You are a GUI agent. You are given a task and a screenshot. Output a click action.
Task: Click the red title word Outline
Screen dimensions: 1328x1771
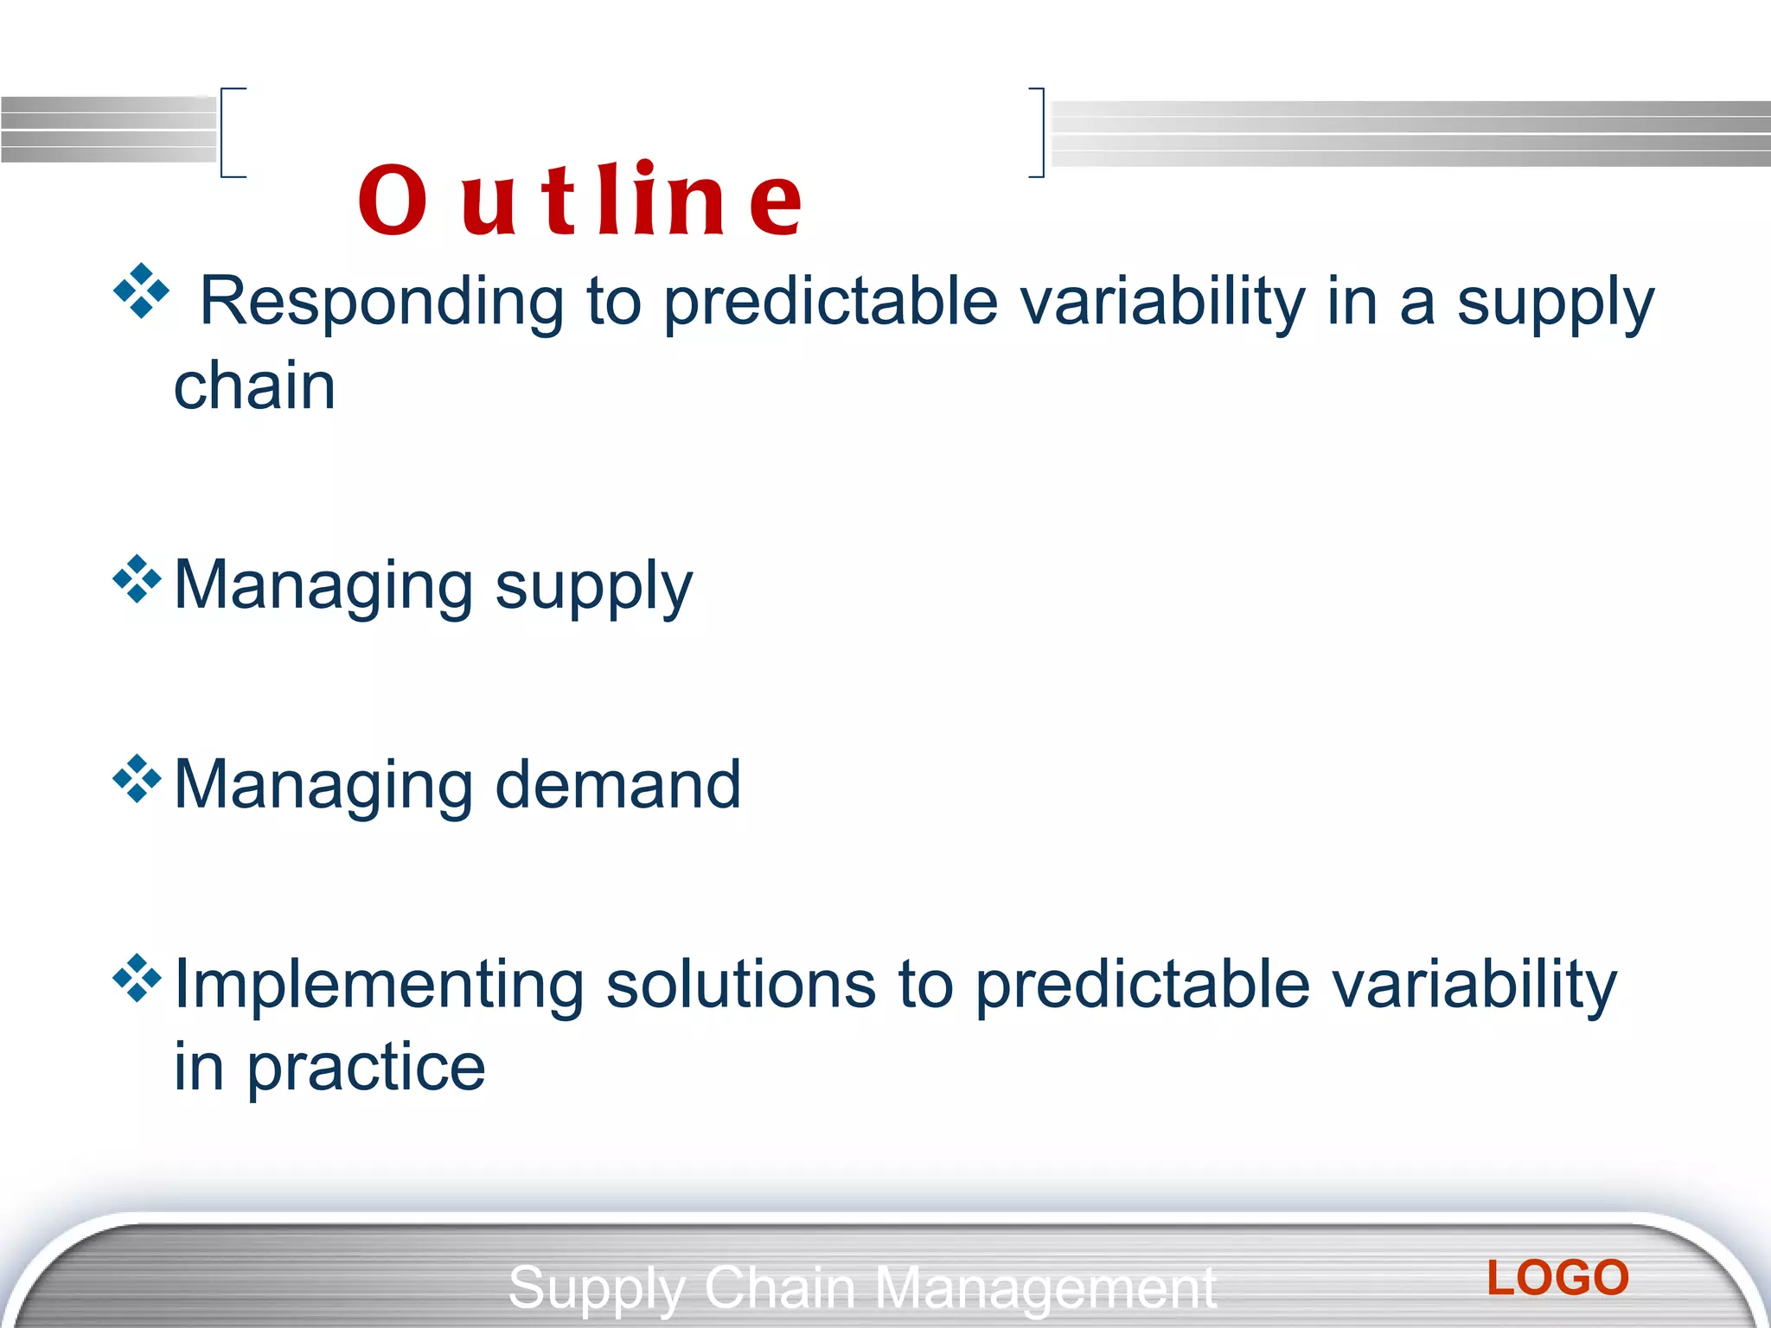580,201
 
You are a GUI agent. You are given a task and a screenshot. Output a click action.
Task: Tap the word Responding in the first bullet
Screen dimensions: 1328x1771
381,301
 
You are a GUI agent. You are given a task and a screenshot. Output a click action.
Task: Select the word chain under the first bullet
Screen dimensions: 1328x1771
254,386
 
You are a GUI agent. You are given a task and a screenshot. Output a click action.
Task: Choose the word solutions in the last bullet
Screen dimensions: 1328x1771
741,985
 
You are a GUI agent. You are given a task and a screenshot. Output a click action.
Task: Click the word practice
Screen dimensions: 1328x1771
366,1067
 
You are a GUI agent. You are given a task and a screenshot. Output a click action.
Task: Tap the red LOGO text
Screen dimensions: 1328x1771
1557,1278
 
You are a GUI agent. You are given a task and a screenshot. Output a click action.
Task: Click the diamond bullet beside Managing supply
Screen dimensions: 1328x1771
137,578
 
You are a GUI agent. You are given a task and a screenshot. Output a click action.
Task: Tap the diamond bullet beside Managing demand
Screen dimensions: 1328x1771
137,778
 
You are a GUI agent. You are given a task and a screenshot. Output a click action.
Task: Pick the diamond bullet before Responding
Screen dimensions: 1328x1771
141,291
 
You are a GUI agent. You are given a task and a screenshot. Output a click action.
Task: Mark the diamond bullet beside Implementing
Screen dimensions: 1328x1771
137,978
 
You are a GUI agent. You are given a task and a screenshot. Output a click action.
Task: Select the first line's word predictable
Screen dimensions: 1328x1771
830,301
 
